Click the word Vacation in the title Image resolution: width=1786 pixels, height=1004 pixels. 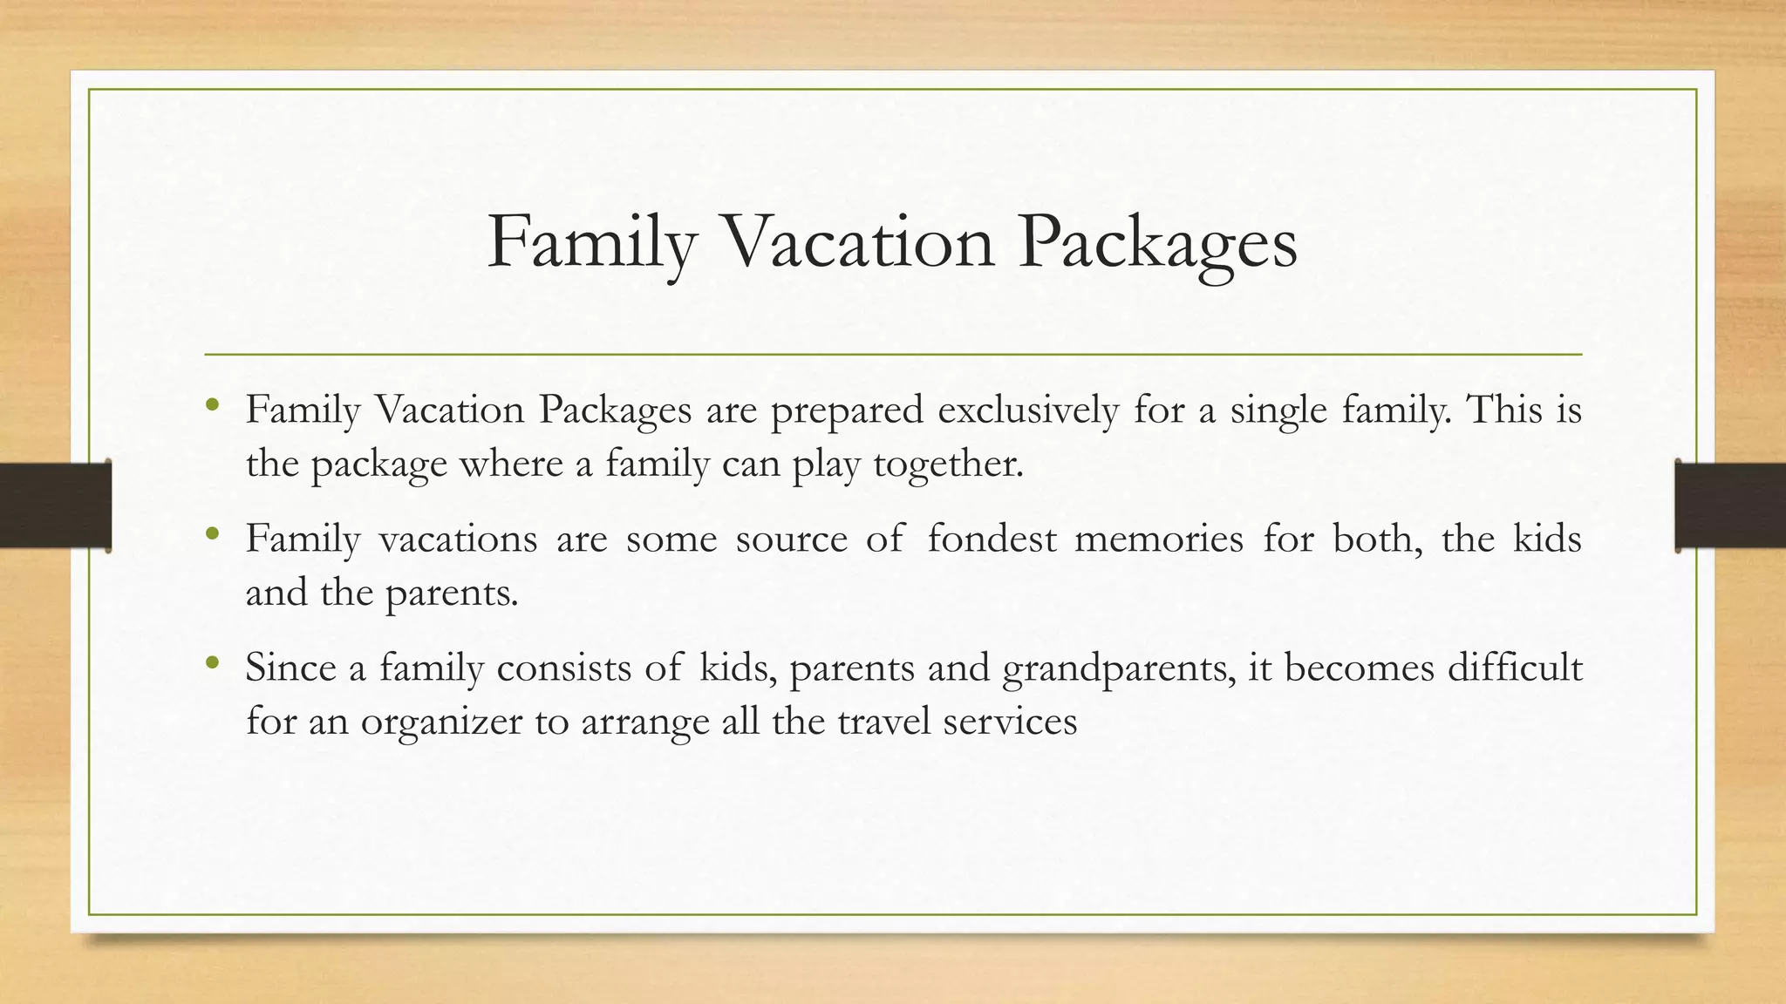[859, 241]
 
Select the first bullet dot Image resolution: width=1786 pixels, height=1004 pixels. [212, 405]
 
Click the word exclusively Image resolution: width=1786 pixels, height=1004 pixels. [1028, 410]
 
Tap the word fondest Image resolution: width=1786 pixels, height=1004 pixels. [991, 539]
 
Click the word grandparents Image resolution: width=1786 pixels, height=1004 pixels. [1119, 669]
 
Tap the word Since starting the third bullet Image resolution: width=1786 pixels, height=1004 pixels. [290, 668]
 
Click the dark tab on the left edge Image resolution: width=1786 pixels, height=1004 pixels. [55, 505]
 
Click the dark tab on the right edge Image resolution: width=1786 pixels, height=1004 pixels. [1730, 505]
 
